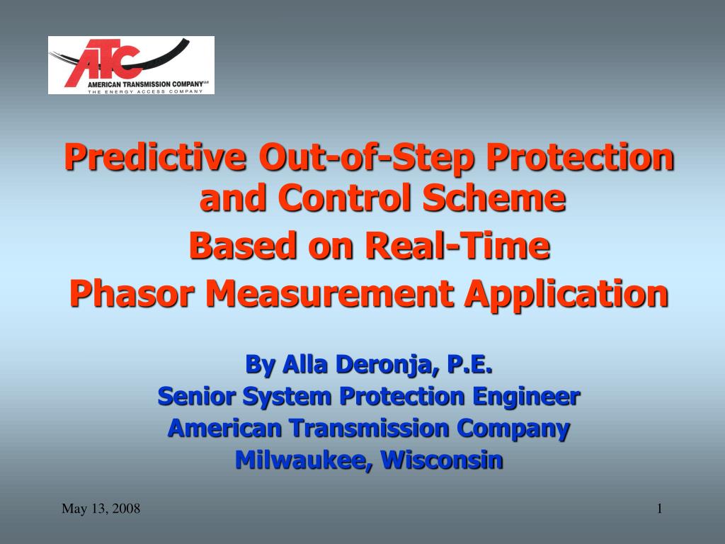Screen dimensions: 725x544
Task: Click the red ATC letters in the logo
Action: click(102, 62)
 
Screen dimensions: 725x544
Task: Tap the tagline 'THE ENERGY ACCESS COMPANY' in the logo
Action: click(145, 91)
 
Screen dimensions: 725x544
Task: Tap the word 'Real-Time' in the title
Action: click(458, 245)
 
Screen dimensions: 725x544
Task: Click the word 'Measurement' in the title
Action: click(330, 293)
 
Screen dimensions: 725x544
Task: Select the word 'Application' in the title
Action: click(567, 294)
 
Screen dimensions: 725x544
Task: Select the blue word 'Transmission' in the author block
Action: click(370, 428)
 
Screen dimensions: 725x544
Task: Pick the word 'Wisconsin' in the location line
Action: click(442, 460)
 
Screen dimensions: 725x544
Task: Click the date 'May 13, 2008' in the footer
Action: click(101, 509)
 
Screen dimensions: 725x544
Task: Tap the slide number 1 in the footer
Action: click(660, 509)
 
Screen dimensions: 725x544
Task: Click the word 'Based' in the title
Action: click(243, 245)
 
